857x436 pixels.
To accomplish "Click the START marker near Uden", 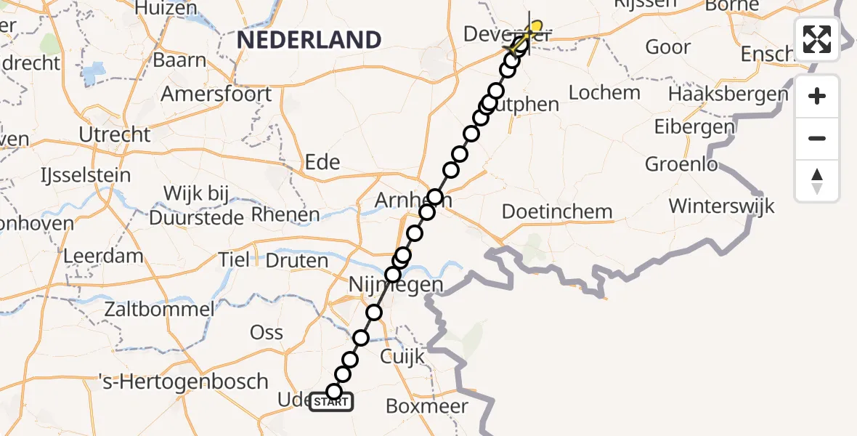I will click(331, 401).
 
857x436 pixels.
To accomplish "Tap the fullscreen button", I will click(817, 39).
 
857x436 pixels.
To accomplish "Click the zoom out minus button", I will click(817, 138).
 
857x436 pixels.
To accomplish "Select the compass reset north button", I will click(817, 180).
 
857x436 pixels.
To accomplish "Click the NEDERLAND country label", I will click(309, 39).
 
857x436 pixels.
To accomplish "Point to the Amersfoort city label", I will click(216, 94).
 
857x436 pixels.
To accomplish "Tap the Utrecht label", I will click(116, 134).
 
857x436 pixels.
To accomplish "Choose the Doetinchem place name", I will click(558, 212).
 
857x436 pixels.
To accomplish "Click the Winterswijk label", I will click(721, 206).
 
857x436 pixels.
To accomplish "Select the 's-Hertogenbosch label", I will click(184, 381).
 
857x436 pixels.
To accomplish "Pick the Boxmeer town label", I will click(426, 405).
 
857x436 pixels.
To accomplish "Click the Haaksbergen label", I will click(728, 94).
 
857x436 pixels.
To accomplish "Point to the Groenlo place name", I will click(681, 164).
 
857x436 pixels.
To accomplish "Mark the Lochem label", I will click(604, 92).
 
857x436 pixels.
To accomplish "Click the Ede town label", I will click(322, 161).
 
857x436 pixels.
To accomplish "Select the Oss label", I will click(267, 332).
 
